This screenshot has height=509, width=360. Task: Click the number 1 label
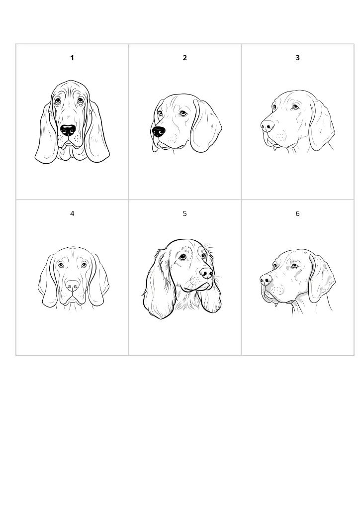[72, 58]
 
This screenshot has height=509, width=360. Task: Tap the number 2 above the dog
[185, 58]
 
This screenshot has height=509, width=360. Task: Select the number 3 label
[297, 58]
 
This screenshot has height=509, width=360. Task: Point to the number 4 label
[72, 214]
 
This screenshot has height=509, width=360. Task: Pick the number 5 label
[185, 214]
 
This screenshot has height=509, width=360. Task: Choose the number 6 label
[297, 214]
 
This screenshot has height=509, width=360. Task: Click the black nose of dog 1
[68, 130]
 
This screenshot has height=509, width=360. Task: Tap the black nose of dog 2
[158, 132]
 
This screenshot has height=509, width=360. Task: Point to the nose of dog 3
[267, 125]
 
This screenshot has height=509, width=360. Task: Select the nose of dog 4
[73, 286]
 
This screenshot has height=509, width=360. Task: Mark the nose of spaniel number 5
[206, 273]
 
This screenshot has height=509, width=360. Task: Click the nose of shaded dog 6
[266, 280]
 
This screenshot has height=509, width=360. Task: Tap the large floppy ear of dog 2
[205, 127]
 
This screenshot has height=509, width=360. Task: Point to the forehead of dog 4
[73, 256]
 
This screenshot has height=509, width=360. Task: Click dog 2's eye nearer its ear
[183, 113]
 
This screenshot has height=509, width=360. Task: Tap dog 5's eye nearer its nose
[204, 256]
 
